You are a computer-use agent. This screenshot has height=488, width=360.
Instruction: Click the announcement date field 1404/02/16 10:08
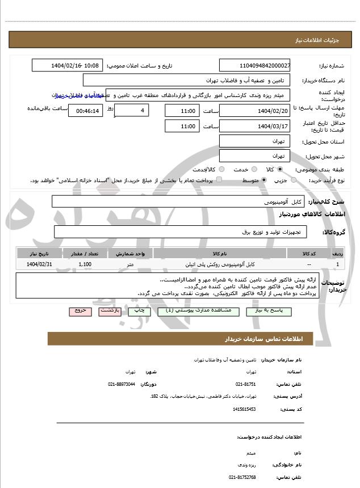point(67,66)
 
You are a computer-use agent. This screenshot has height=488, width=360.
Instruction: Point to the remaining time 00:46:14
point(86,111)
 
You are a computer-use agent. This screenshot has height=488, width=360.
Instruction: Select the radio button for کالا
point(280,169)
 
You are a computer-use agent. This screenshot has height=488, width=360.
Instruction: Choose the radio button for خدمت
point(254,169)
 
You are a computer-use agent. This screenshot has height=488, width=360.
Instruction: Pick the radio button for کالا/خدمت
point(221,169)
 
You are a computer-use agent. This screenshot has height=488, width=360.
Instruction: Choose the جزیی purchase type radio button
point(293,180)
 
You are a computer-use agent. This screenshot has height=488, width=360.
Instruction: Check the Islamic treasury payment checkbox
point(219,180)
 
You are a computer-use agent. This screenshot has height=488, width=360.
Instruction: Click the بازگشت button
point(109,311)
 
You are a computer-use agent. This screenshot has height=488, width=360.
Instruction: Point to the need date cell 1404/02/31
point(39,264)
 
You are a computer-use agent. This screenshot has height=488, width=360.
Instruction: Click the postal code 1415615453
point(244,409)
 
